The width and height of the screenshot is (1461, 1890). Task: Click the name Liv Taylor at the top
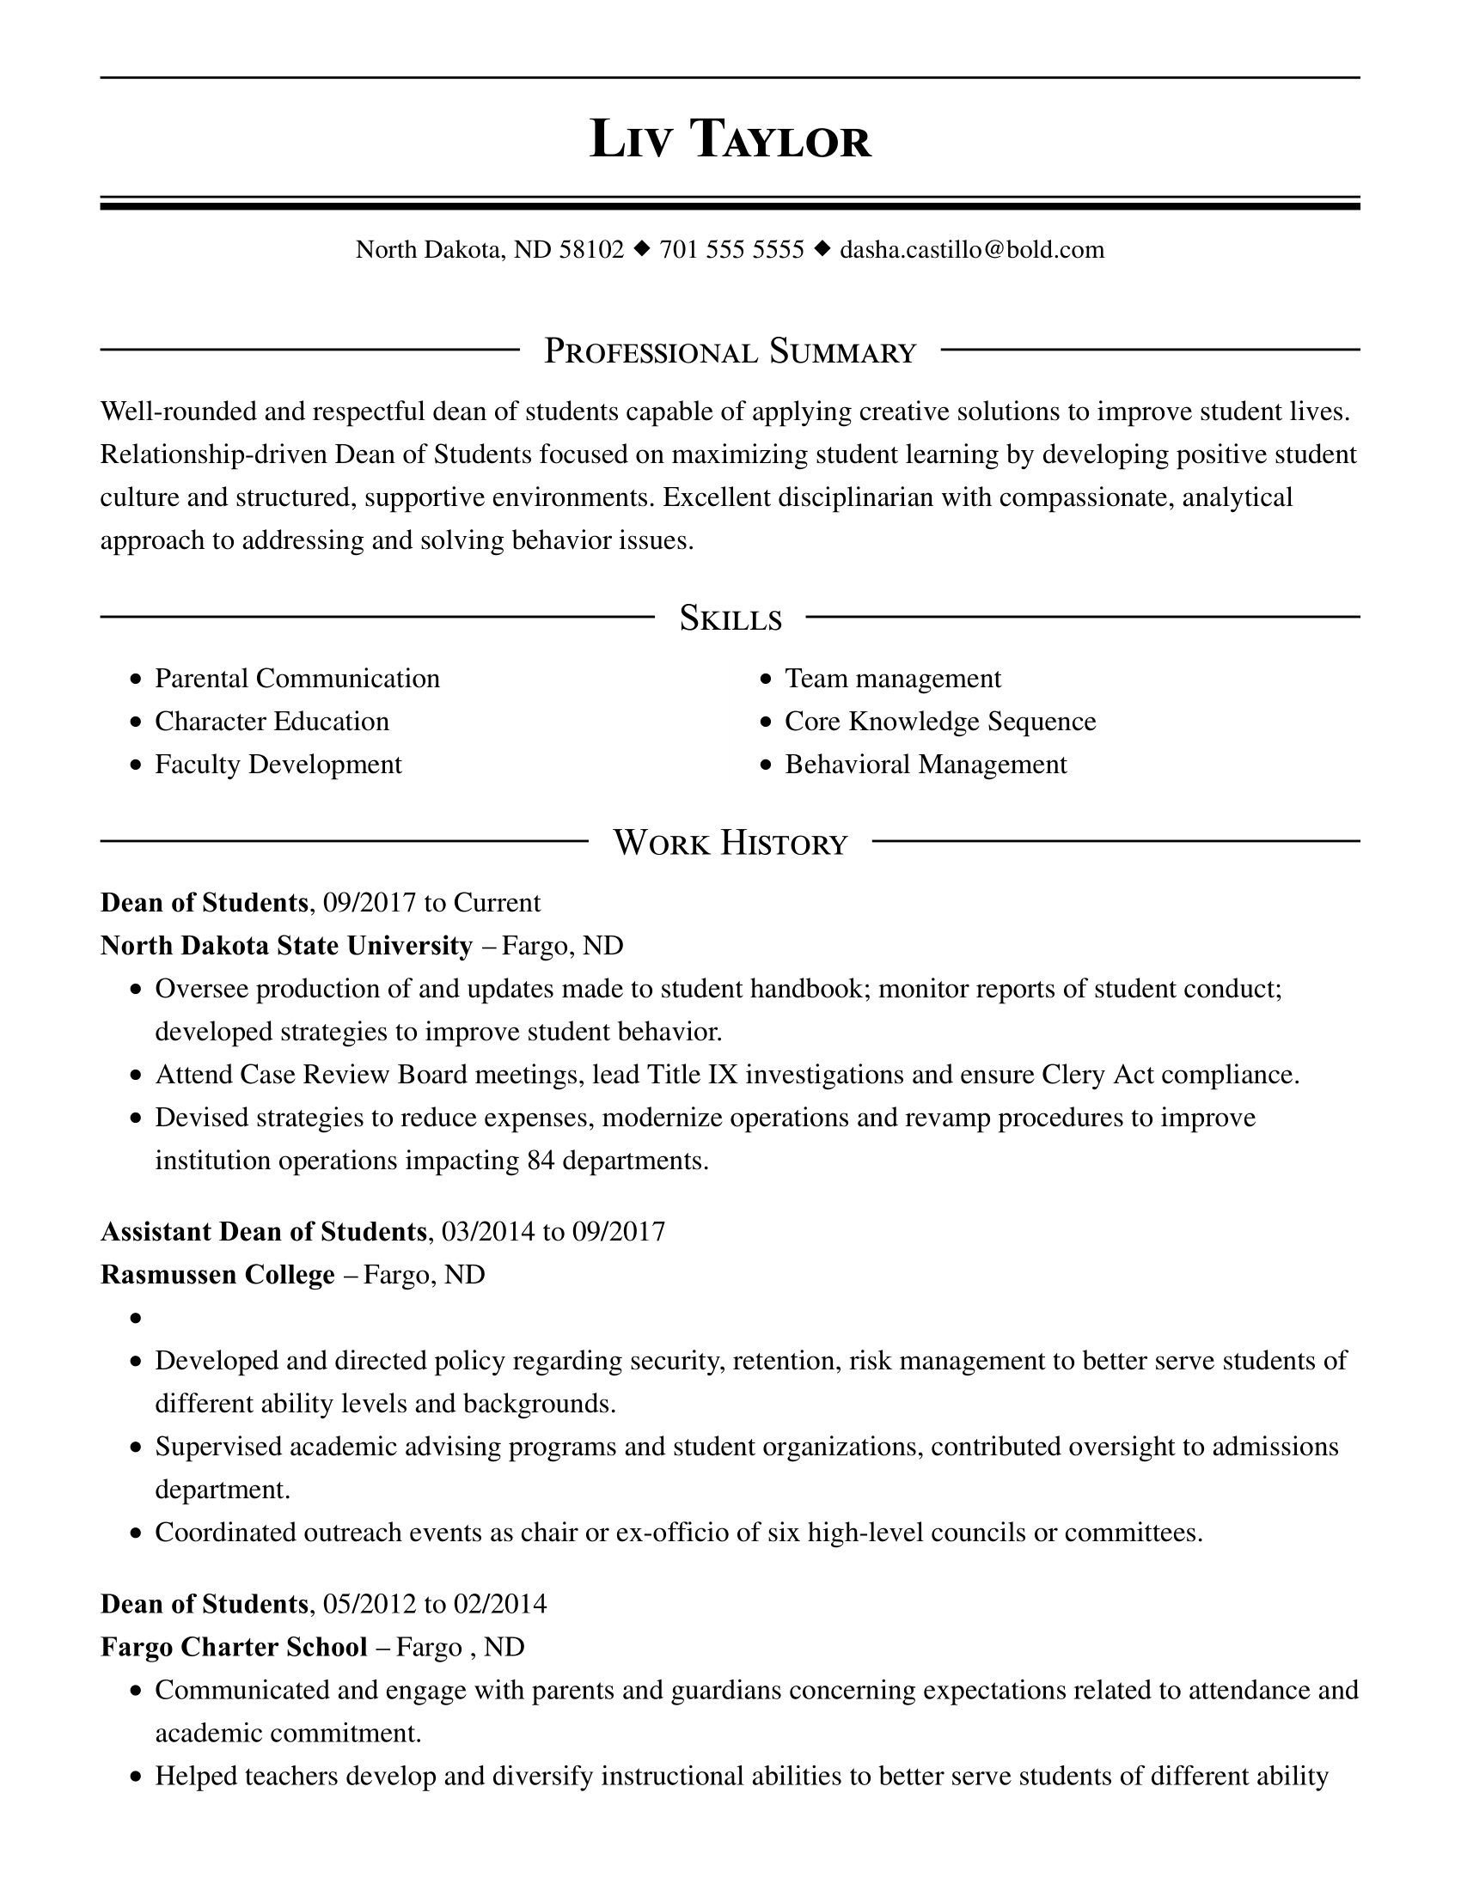tap(730, 138)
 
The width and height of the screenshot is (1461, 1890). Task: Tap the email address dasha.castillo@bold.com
tap(972, 250)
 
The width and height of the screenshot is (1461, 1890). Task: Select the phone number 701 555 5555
tap(731, 250)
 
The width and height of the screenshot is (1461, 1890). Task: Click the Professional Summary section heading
tap(730, 351)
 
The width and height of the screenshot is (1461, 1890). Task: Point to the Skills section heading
tap(730, 619)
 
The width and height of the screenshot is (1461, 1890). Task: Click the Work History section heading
tap(730, 843)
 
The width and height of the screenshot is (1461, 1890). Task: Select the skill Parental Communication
tap(296, 679)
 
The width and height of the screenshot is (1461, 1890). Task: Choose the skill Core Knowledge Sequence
tap(940, 722)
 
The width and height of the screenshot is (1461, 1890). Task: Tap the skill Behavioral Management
tap(926, 765)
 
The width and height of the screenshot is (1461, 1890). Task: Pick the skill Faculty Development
tap(278, 765)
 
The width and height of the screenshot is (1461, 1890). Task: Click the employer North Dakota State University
tap(286, 946)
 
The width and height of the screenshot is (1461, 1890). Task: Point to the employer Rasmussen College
tap(217, 1275)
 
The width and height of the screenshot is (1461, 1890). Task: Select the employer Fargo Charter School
tap(234, 1647)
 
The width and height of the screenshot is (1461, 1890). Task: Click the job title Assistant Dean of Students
tap(264, 1231)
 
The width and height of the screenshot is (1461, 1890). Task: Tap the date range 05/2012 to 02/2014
tap(435, 1605)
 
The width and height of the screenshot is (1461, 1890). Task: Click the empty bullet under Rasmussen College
tap(136, 1319)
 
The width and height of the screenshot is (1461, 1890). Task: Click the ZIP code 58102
tap(591, 250)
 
